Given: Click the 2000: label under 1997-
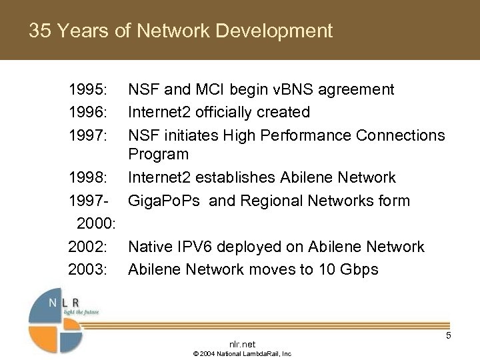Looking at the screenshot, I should coord(97,223).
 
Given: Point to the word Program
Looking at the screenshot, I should coord(158,154).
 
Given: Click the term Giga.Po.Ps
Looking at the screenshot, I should coord(166,201).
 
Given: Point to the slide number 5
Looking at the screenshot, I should coord(448,336).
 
